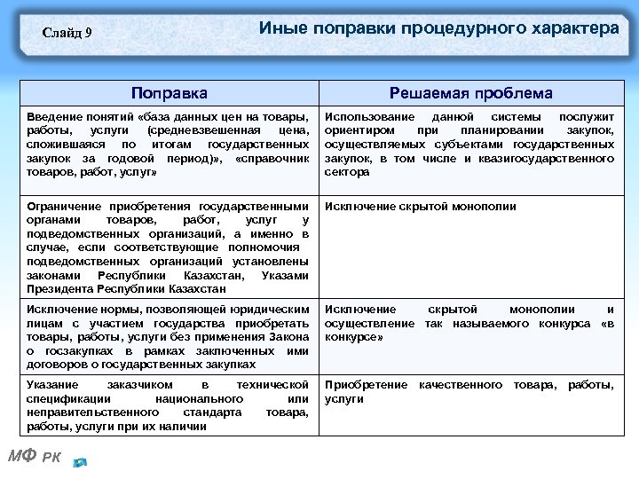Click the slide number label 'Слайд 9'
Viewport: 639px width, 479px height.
coord(68,34)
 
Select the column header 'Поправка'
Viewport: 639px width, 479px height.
coord(169,93)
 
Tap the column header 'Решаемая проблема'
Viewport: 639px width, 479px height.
coord(470,93)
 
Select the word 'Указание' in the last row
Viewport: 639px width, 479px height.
coord(52,385)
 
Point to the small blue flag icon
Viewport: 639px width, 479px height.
coord(81,462)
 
